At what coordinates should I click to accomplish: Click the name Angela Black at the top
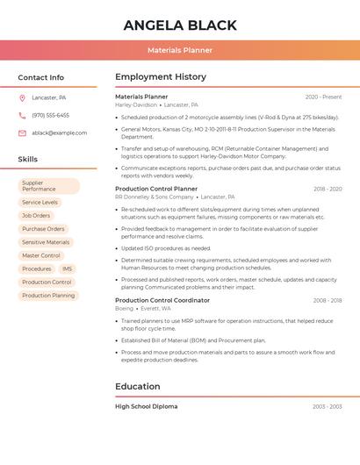coord(179,25)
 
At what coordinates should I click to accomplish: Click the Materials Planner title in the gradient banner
coord(180,51)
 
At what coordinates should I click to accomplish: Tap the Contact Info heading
coord(40,77)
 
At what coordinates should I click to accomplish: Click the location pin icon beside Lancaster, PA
coord(22,97)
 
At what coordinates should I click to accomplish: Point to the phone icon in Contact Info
coord(22,115)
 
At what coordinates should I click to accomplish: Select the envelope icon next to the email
coord(22,132)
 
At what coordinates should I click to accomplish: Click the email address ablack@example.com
coord(59,132)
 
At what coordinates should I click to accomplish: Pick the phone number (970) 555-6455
coord(50,115)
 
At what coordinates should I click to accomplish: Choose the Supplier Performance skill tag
coord(49,186)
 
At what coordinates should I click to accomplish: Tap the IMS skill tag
coord(67,268)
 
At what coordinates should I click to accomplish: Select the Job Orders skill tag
coord(36,215)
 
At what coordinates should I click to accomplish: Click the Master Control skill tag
coord(41,255)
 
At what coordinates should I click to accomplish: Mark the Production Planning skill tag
coord(48,296)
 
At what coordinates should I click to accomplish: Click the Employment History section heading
coord(161,77)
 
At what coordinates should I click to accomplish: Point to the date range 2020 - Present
coord(323,97)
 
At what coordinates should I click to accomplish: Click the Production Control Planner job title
coord(156,189)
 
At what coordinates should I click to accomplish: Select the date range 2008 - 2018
coord(327,300)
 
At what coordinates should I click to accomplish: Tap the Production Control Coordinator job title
coord(162,300)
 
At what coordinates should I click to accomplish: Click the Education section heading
coord(138,386)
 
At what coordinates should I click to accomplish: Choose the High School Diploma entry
coord(146,406)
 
